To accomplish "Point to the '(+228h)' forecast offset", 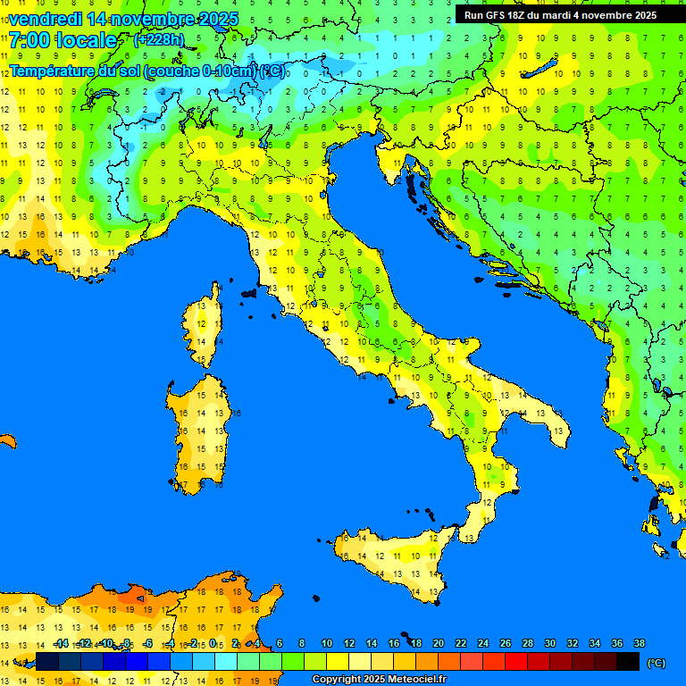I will [x=159, y=40].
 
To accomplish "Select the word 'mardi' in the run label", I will [x=566, y=15].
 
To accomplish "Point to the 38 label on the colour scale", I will [x=639, y=643].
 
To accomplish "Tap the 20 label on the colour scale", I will [x=438, y=643].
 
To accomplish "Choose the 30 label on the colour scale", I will [x=549, y=643].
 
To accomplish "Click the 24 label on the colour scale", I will [x=482, y=643].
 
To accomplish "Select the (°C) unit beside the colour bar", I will [x=657, y=662].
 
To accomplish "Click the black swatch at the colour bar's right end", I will [x=628, y=661].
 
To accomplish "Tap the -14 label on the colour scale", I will [x=61, y=643].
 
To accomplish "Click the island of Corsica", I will [x=204, y=326].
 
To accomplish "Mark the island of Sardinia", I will [x=201, y=424].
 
